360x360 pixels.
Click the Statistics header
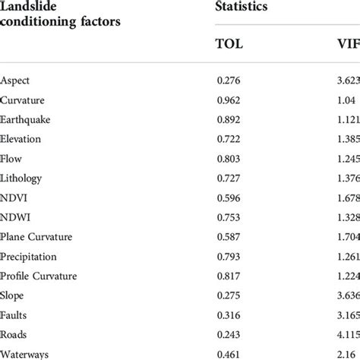coord(244,7)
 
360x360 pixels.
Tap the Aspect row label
coord(16,80)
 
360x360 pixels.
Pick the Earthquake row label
coord(26,119)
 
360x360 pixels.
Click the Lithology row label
coord(22,178)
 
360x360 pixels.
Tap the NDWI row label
coord(14,218)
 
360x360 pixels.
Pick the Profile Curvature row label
coord(39,276)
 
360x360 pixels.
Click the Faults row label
coord(14,316)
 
